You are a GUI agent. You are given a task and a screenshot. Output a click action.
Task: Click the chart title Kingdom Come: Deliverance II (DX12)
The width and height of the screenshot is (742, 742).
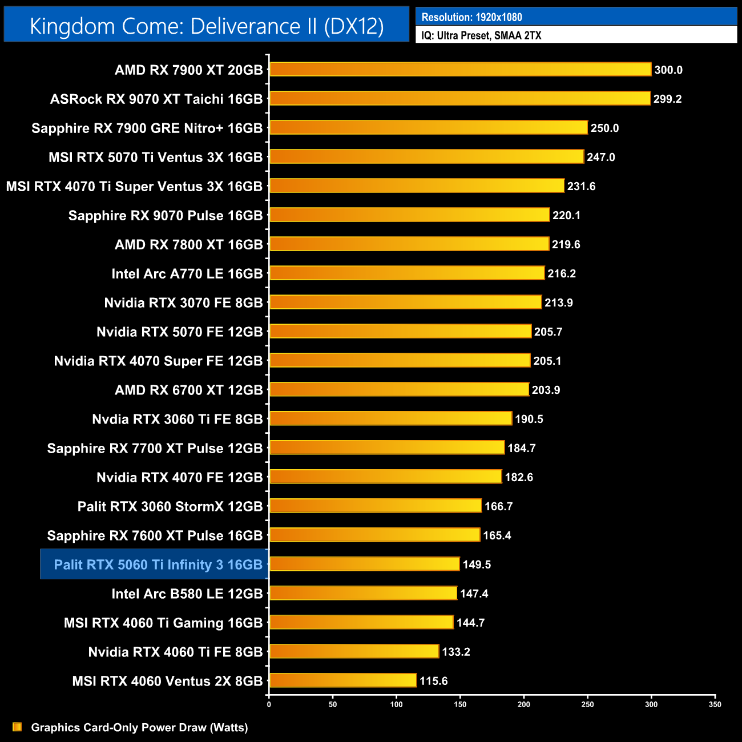[207, 26]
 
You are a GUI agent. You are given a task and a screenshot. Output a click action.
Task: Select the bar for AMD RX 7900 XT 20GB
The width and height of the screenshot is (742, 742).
[460, 70]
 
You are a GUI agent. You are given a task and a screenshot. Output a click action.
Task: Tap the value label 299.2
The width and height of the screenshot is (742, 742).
[667, 99]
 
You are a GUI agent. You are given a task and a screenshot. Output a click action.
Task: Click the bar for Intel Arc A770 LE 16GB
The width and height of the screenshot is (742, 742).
[407, 273]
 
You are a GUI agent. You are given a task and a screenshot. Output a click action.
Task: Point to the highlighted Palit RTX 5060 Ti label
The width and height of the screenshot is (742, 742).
[158, 564]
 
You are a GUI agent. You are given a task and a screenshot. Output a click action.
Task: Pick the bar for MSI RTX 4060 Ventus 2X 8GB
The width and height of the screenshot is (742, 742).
[343, 680]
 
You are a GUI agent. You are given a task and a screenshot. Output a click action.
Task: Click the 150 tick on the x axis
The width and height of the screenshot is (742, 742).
[460, 704]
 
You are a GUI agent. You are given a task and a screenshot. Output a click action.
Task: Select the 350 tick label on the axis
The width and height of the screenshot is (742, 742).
[715, 704]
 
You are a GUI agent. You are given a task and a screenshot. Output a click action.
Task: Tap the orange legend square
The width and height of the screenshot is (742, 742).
[17, 727]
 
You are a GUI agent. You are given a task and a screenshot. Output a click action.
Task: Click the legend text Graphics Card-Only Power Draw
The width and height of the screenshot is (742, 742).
[139, 727]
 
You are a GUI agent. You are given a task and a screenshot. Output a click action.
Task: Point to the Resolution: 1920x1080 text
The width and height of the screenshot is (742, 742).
[471, 17]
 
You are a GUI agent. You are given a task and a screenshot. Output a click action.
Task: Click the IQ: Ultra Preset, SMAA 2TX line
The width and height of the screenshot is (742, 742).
[481, 35]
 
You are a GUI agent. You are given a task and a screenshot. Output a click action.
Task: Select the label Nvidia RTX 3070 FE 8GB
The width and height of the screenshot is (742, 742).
[183, 303]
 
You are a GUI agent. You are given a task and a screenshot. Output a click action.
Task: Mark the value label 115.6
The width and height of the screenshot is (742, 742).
[433, 681]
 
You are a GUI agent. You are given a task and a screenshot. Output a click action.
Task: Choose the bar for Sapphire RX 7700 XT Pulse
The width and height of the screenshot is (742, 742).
[387, 448]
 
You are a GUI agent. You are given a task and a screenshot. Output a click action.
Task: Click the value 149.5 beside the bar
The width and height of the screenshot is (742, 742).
[477, 564]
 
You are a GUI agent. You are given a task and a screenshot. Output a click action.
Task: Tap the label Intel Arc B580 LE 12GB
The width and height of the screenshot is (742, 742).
[187, 594]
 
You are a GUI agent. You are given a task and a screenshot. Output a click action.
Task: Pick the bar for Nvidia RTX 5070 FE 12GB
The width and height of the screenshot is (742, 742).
[400, 332]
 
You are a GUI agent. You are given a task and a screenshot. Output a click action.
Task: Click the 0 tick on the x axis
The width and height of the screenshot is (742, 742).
[269, 704]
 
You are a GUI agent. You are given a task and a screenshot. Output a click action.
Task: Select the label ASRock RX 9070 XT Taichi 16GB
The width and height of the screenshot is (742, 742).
[156, 99]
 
